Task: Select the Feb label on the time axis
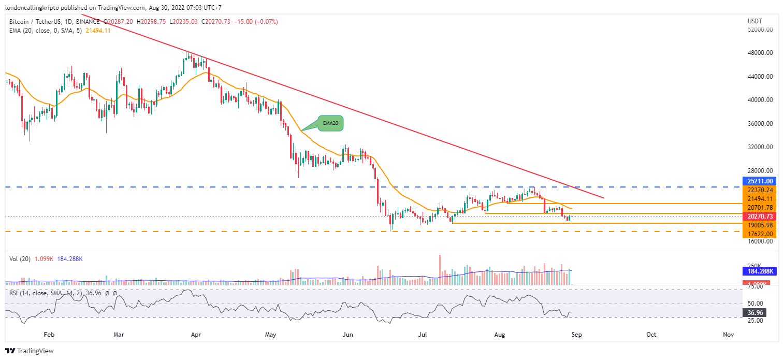click(x=49, y=335)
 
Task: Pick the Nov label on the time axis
click(x=728, y=335)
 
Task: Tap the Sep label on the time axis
click(x=576, y=335)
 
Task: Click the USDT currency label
click(x=754, y=21)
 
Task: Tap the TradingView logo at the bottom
click(x=30, y=351)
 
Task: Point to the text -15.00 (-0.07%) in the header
click(x=255, y=22)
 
